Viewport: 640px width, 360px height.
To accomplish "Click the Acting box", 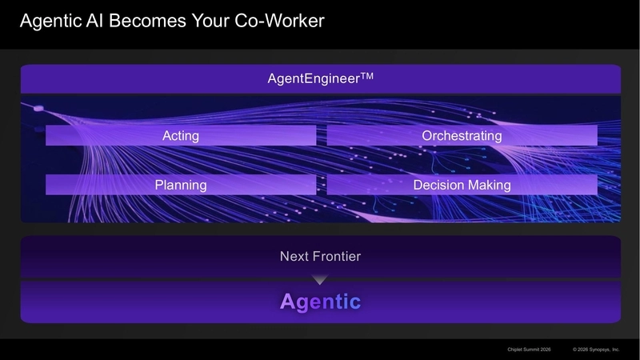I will pyautogui.click(x=181, y=136).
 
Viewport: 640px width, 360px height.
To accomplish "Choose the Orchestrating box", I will pyautogui.click(x=462, y=136).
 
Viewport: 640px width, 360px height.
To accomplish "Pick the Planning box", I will pyautogui.click(x=181, y=185).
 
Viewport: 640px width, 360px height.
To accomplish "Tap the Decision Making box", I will pyautogui.click(x=462, y=185).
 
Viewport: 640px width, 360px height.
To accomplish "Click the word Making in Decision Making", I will pyautogui.click(x=487, y=185).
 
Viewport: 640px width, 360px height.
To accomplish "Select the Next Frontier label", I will pyautogui.click(x=320, y=257).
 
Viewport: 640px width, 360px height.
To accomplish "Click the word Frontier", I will pyautogui.click(x=336, y=257).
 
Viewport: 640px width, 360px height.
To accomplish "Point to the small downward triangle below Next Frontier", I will pyautogui.click(x=320, y=279).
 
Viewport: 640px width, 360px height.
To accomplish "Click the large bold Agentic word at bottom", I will pyautogui.click(x=320, y=302).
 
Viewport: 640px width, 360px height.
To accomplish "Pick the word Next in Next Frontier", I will pyautogui.click(x=294, y=257).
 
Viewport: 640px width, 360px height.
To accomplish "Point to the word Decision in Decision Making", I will pyautogui.click(x=438, y=185).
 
